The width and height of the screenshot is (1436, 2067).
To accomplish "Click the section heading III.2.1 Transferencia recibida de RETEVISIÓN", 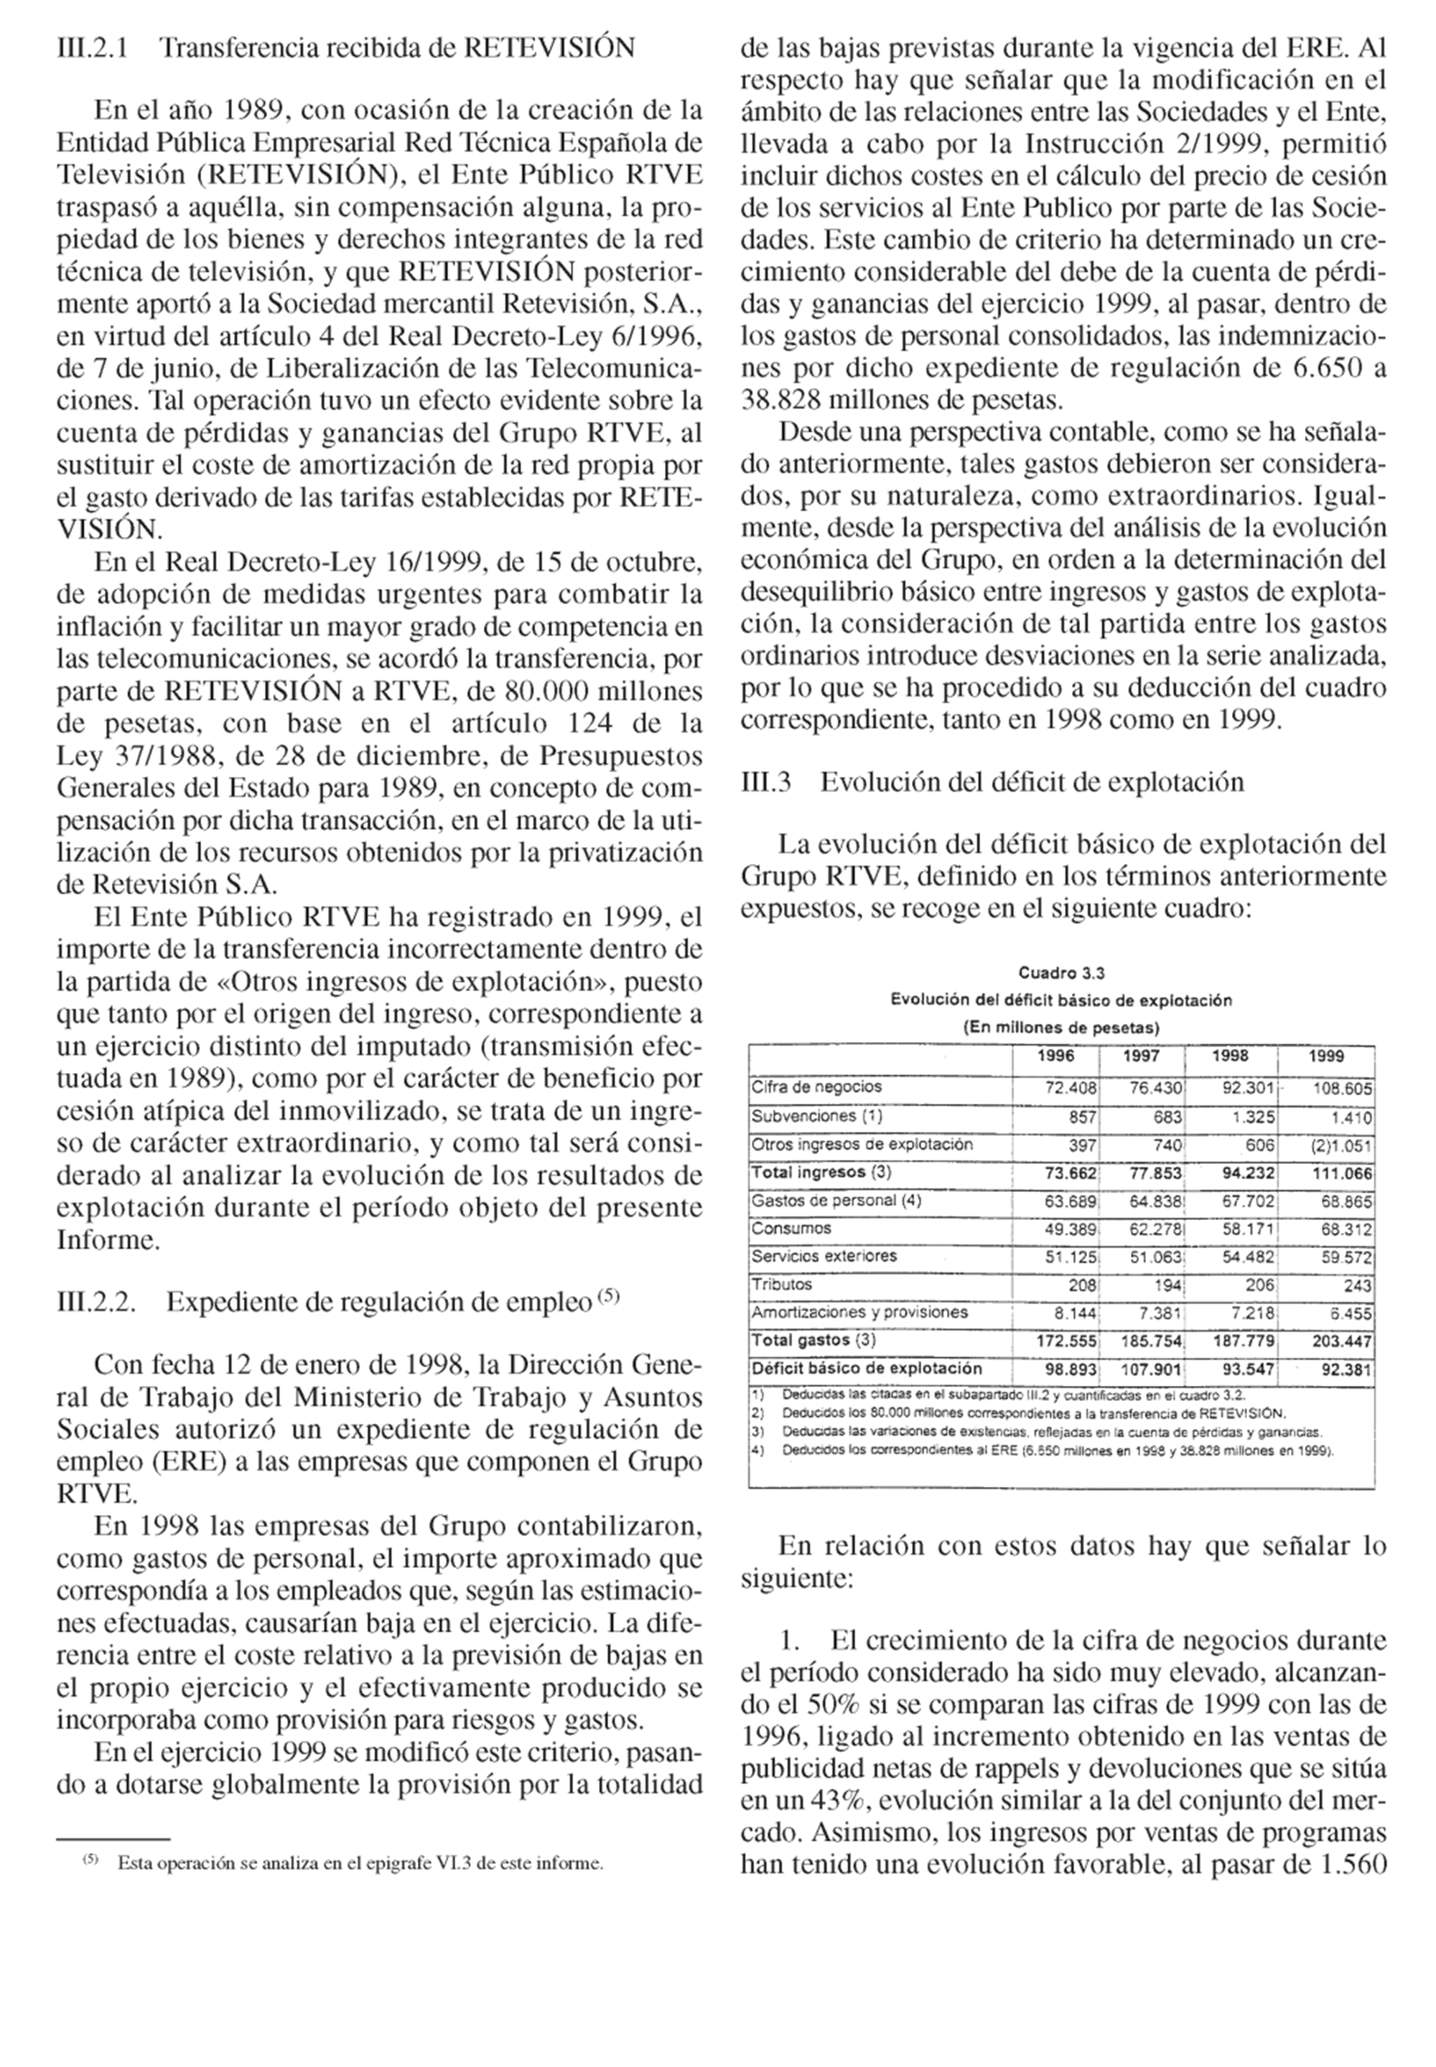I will (x=345, y=47).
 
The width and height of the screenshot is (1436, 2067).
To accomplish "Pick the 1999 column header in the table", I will (x=1325, y=1056).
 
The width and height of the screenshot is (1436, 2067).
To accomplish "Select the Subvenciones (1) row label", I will (x=816, y=1116).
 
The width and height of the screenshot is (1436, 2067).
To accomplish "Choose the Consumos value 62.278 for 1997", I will (x=1155, y=1229).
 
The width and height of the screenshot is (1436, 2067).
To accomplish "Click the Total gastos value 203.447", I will (x=1341, y=1341).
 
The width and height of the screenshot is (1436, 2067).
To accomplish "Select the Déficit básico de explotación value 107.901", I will (x=1155, y=1370).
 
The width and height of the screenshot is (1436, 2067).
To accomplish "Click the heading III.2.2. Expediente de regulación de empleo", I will (x=337, y=1301).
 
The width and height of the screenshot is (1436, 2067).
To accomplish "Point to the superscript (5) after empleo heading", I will (x=609, y=1295).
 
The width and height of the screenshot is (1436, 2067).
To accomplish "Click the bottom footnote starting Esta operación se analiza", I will (x=359, y=1863).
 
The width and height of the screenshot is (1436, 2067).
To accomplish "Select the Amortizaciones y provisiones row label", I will (x=859, y=1313).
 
